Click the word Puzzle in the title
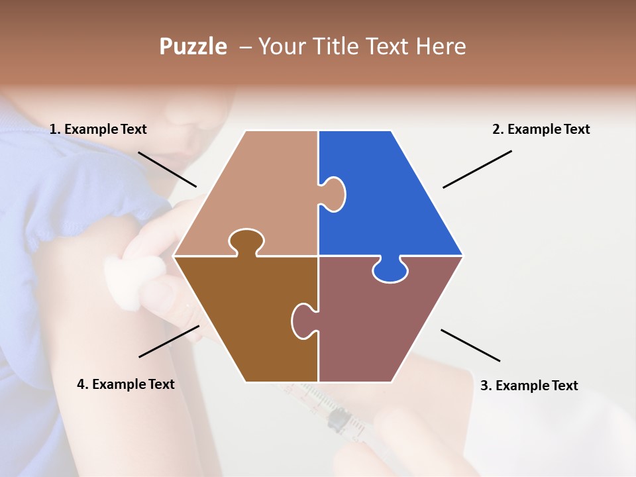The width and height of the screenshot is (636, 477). [x=193, y=46]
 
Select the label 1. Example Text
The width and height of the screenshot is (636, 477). [x=98, y=129]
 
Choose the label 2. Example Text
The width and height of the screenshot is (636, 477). [x=541, y=129]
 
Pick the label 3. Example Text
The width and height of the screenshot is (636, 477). [x=529, y=386]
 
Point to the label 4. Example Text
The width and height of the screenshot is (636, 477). [x=126, y=384]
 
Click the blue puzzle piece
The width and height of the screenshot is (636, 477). [x=391, y=199]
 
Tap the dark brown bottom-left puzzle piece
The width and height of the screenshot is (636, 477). [x=245, y=318]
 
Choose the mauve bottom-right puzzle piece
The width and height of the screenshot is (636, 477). [x=384, y=325]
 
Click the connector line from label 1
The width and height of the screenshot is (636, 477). [x=167, y=169]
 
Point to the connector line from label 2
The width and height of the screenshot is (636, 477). [x=477, y=169]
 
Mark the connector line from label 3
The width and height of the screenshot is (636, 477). [x=470, y=345]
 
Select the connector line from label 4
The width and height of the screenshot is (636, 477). [x=169, y=341]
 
